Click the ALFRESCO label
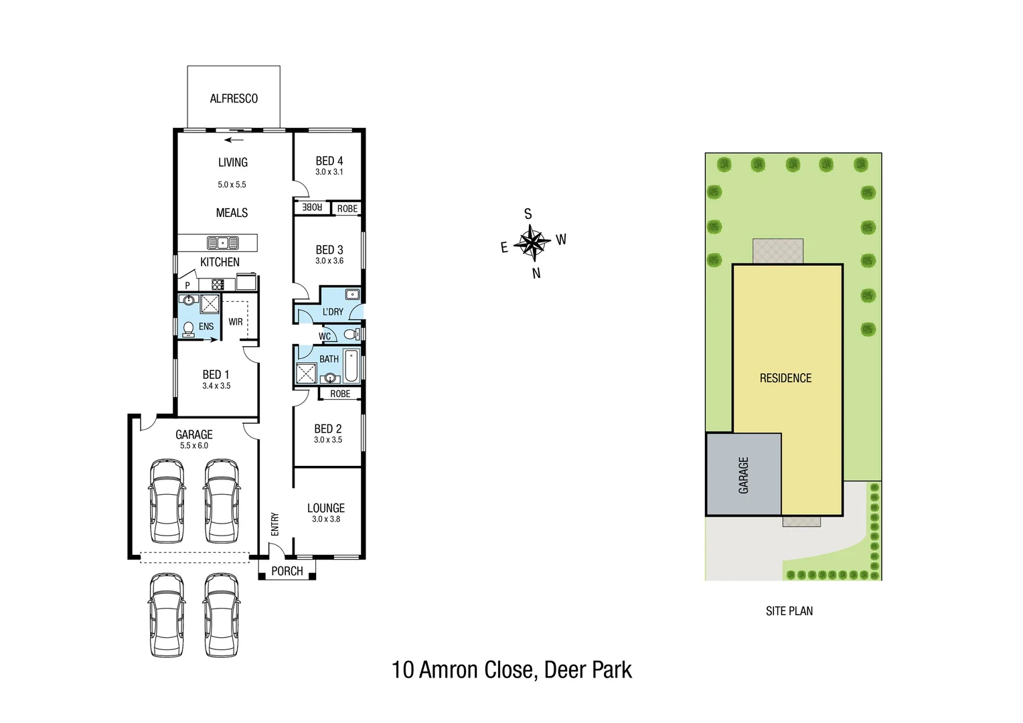coord(234,98)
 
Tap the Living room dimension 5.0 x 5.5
coord(232,184)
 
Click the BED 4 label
coord(329,161)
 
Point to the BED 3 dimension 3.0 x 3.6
coord(329,260)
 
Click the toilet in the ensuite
coord(188,327)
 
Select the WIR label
coord(235,322)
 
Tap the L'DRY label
coord(333,312)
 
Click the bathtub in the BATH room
coord(351,364)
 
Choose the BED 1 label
coord(216,374)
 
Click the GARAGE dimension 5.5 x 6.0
coord(193,445)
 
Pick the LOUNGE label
coord(326,508)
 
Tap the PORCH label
coord(287,571)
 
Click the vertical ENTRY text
coord(274,524)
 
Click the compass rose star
coord(532,242)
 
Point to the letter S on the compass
coord(528,214)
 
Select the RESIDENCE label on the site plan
coord(785,378)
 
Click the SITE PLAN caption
coord(789,611)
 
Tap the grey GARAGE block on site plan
coord(743,475)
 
